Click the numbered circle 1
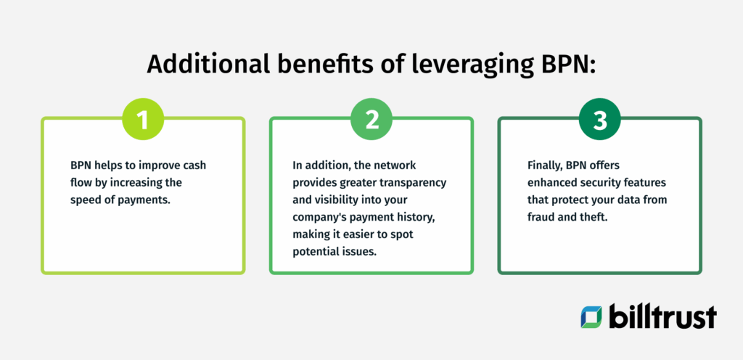(143, 120)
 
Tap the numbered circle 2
(371, 120)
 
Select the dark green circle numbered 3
(600, 120)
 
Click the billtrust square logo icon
(591, 317)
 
